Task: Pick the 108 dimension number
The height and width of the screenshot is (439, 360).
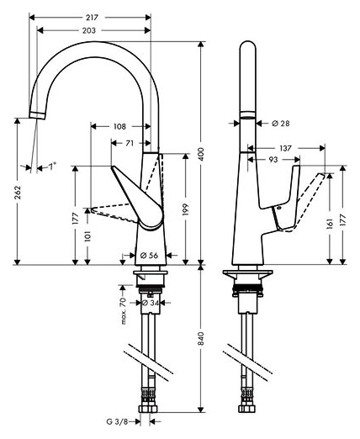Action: (x=119, y=127)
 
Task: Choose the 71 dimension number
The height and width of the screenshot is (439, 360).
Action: (x=129, y=144)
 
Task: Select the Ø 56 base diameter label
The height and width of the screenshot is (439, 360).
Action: (x=146, y=255)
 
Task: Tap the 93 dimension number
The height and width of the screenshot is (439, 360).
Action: (x=274, y=160)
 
